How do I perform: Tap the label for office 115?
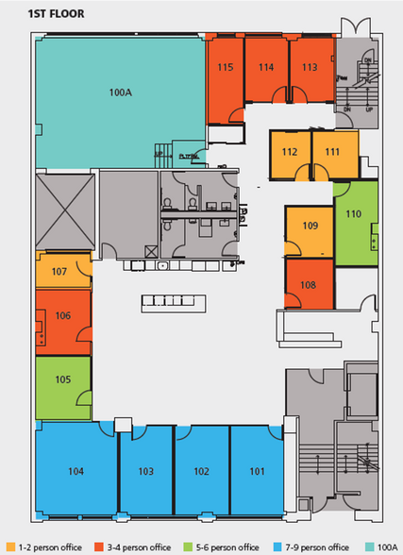[225, 67]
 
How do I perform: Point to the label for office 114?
[266, 67]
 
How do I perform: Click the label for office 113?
[309, 67]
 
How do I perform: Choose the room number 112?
[290, 152]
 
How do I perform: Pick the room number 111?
[332, 152]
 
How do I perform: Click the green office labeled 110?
[354, 215]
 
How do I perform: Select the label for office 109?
[310, 227]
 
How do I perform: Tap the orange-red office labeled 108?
[309, 284]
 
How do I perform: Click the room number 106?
[63, 316]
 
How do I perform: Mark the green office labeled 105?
[62, 379]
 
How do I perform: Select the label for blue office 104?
[76, 470]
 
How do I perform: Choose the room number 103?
[145, 470]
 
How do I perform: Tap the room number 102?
[200, 470]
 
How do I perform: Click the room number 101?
[256, 470]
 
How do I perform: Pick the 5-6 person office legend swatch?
[189, 547]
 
